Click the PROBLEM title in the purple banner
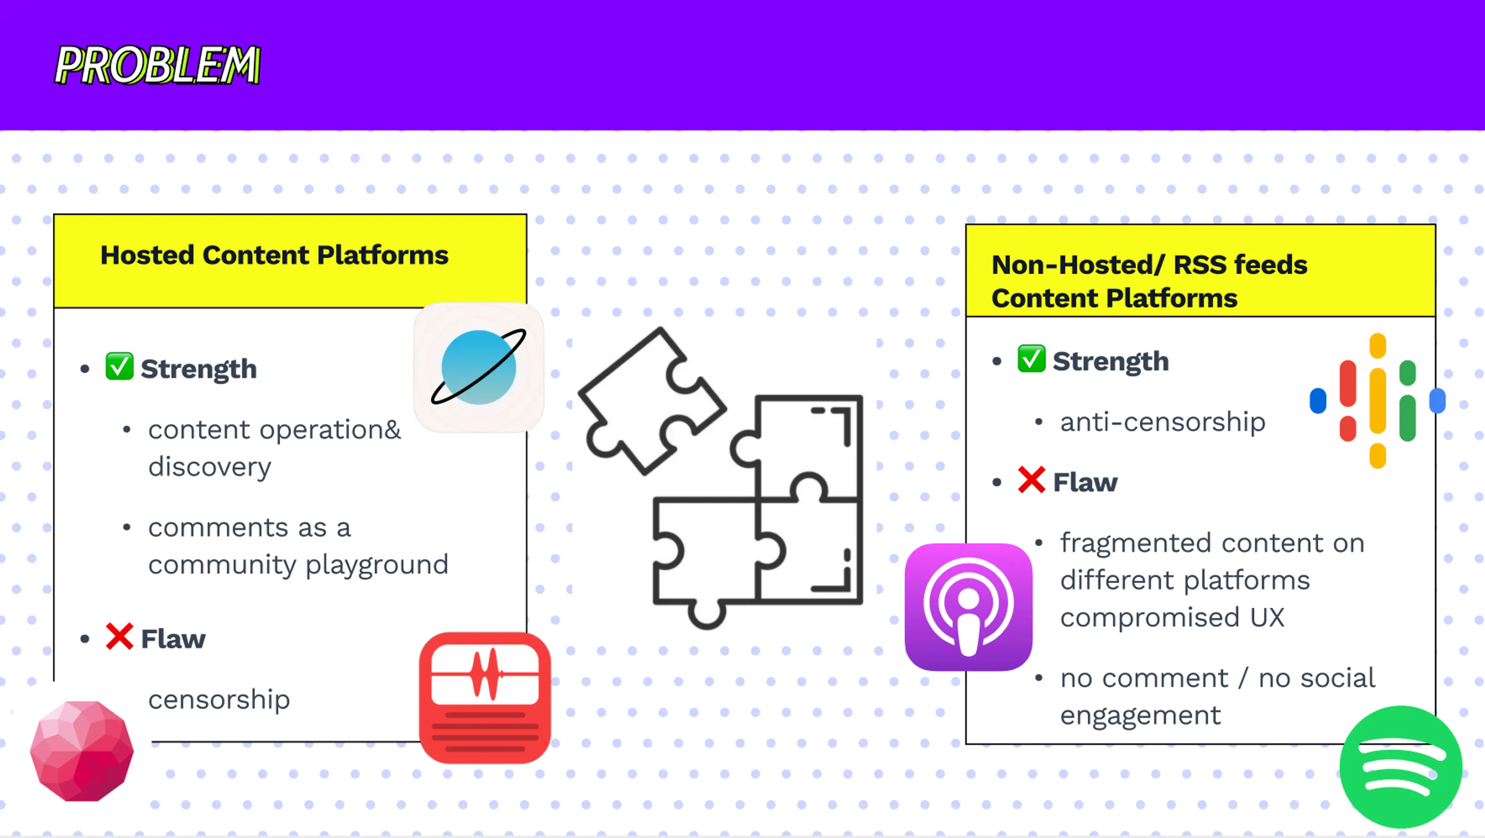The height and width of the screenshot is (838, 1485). pyautogui.click(x=157, y=65)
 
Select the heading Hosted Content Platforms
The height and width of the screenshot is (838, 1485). pyautogui.click(x=275, y=255)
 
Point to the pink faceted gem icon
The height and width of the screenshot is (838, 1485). pyautogui.click(x=82, y=750)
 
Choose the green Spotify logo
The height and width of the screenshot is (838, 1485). pyautogui.click(x=1401, y=766)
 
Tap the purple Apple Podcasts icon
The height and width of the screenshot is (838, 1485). pyautogui.click(x=968, y=607)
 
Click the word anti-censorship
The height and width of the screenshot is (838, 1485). pyautogui.click(x=1163, y=422)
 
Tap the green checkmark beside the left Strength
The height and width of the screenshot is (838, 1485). pyautogui.click(x=119, y=366)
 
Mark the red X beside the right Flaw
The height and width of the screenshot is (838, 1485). pyautogui.click(x=1031, y=480)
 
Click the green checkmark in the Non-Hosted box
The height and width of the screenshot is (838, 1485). pyautogui.click(x=1031, y=359)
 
